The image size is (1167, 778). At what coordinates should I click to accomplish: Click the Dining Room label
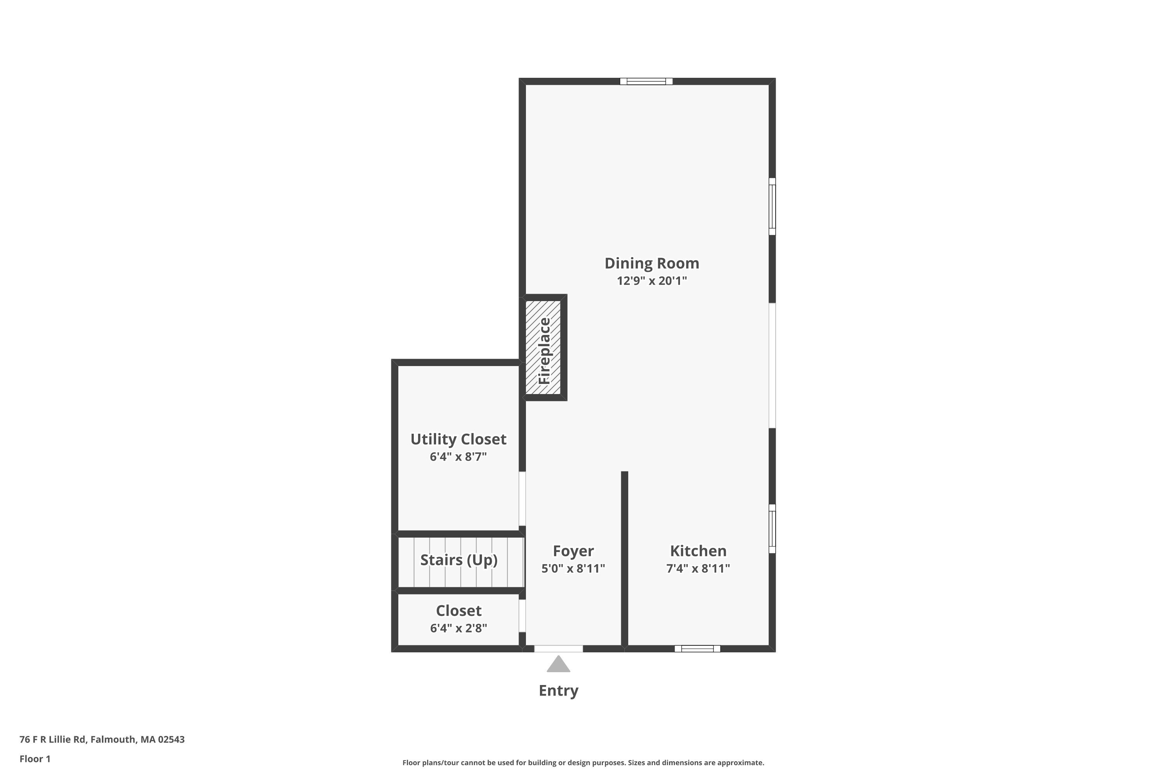pos(652,263)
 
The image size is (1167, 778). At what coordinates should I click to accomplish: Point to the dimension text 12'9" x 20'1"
pos(652,281)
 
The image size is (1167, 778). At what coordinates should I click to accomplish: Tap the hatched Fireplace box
pos(543,347)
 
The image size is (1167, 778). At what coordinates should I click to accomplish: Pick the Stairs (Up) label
pos(459,560)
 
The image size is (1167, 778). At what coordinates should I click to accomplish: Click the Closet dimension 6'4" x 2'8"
pos(459,628)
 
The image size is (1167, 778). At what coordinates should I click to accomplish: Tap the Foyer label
pos(573,551)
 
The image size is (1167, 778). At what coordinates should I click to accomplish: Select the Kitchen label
pos(698,551)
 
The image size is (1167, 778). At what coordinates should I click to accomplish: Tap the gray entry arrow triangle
pos(558,665)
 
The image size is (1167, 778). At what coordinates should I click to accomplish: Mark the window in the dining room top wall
pos(646,81)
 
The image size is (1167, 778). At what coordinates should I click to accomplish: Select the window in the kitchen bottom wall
pos(697,648)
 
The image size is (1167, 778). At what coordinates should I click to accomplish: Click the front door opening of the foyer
pos(558,648)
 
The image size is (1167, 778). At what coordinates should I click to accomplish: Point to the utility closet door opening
pos(522,498)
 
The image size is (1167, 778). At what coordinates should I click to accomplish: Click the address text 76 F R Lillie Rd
pos(102,739)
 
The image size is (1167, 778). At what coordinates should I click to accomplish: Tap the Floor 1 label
pos(35,759)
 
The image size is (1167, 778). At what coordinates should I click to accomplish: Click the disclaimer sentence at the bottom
pos(583,762)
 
